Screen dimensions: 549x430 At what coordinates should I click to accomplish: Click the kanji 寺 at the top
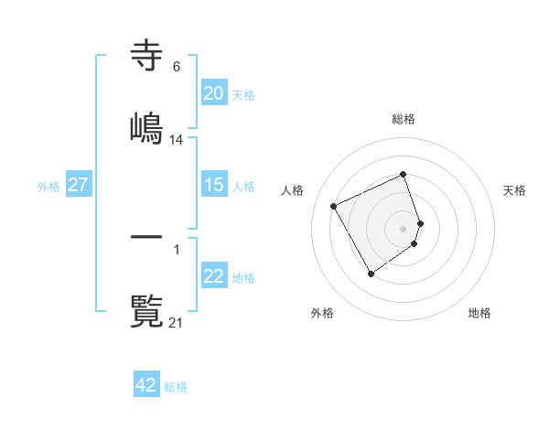point(146,56)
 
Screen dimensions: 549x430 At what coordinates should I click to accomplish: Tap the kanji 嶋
point(146,127)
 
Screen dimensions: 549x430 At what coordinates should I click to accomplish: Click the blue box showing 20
point(214,93)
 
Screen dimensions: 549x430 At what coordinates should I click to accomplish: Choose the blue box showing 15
point(214,185)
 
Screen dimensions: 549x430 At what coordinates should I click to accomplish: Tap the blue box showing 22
point(214,277)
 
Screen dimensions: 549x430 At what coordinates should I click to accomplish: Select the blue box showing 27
point(79,185)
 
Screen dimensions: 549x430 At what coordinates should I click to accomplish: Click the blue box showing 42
point(146,385)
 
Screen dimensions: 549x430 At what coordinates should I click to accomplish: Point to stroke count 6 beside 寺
point(176,66)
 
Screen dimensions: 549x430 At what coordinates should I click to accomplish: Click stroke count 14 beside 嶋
point(177,139)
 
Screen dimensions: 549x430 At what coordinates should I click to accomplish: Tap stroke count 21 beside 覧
point(177,322)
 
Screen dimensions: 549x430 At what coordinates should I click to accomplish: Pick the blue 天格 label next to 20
point(243,94)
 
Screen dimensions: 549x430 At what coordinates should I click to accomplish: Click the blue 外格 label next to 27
point(48,186)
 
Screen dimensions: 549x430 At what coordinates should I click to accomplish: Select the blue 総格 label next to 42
point(176,386)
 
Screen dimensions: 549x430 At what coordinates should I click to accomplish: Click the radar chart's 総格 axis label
point(404,119)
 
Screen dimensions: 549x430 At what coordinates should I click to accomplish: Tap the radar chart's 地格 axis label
point(479,313)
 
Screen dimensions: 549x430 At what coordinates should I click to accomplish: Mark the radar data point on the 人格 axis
point(335,205)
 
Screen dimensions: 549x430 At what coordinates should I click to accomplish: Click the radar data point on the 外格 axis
point(371,274)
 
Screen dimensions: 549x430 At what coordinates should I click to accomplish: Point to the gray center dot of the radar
point(404,228)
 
